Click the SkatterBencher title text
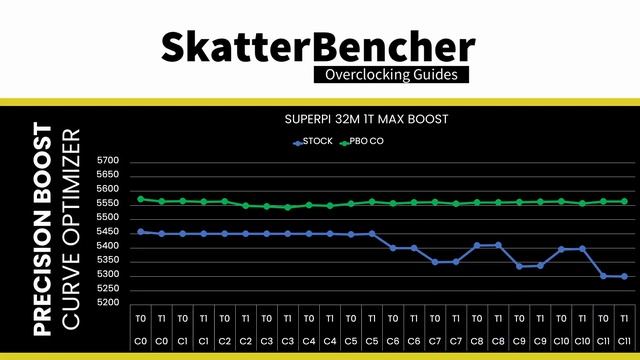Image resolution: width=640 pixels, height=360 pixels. [318, 46]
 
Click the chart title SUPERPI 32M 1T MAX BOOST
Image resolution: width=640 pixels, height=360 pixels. [365, 119]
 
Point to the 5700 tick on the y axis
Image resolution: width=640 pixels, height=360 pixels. [108, 161]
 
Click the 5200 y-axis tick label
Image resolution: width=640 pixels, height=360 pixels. [108, 303]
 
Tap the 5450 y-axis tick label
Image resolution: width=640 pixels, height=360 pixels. [108, 232]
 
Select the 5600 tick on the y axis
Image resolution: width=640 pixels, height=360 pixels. [108, 189]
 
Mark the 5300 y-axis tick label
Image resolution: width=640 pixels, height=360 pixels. [108, 275]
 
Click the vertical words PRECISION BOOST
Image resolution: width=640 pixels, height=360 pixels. [42, 228]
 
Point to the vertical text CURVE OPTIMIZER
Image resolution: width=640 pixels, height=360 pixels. [71, 228]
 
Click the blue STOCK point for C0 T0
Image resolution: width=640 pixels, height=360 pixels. [141, 231]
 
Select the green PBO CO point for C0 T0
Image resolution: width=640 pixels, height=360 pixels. [141, 199]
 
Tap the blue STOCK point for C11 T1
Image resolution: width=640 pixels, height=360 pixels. [624, 276]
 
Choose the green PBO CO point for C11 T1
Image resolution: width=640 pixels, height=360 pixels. [624, 201]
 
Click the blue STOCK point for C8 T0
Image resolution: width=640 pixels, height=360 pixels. [477, 245]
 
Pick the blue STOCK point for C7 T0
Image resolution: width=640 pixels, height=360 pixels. [435, 262]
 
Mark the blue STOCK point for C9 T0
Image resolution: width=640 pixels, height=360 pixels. [519, 266]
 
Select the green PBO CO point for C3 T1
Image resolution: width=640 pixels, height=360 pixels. [288, 207]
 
